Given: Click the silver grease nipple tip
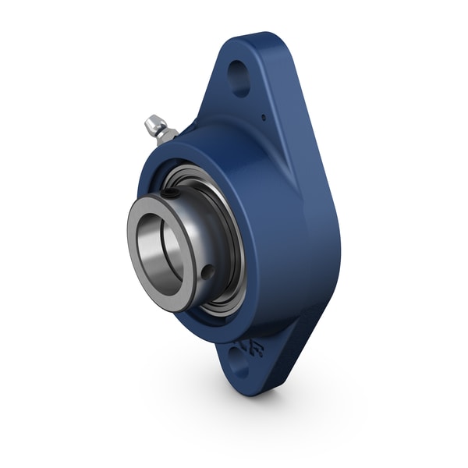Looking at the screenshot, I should point(151,122).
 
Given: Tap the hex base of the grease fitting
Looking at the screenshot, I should point(166,134).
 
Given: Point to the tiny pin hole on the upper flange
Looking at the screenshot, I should point(263,118).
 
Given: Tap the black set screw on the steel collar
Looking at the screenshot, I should point(172,193).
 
